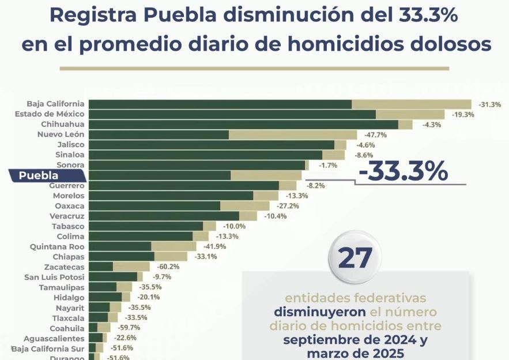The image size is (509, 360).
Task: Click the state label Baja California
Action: pos(55,104)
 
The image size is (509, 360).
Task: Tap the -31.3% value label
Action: pos(489,104)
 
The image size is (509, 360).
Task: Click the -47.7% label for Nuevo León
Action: pos(375,134)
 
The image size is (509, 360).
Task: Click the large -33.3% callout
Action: pos(403,171)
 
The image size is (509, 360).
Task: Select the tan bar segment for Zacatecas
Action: pos(131,267)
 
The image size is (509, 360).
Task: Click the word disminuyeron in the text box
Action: pos(319,312)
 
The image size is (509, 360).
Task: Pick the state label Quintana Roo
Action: pos(57,246)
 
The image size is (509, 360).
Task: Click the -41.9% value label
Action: pos(198,246)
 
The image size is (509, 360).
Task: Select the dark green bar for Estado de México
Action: pos(232,114)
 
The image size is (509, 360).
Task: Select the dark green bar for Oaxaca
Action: pos(154,205)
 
